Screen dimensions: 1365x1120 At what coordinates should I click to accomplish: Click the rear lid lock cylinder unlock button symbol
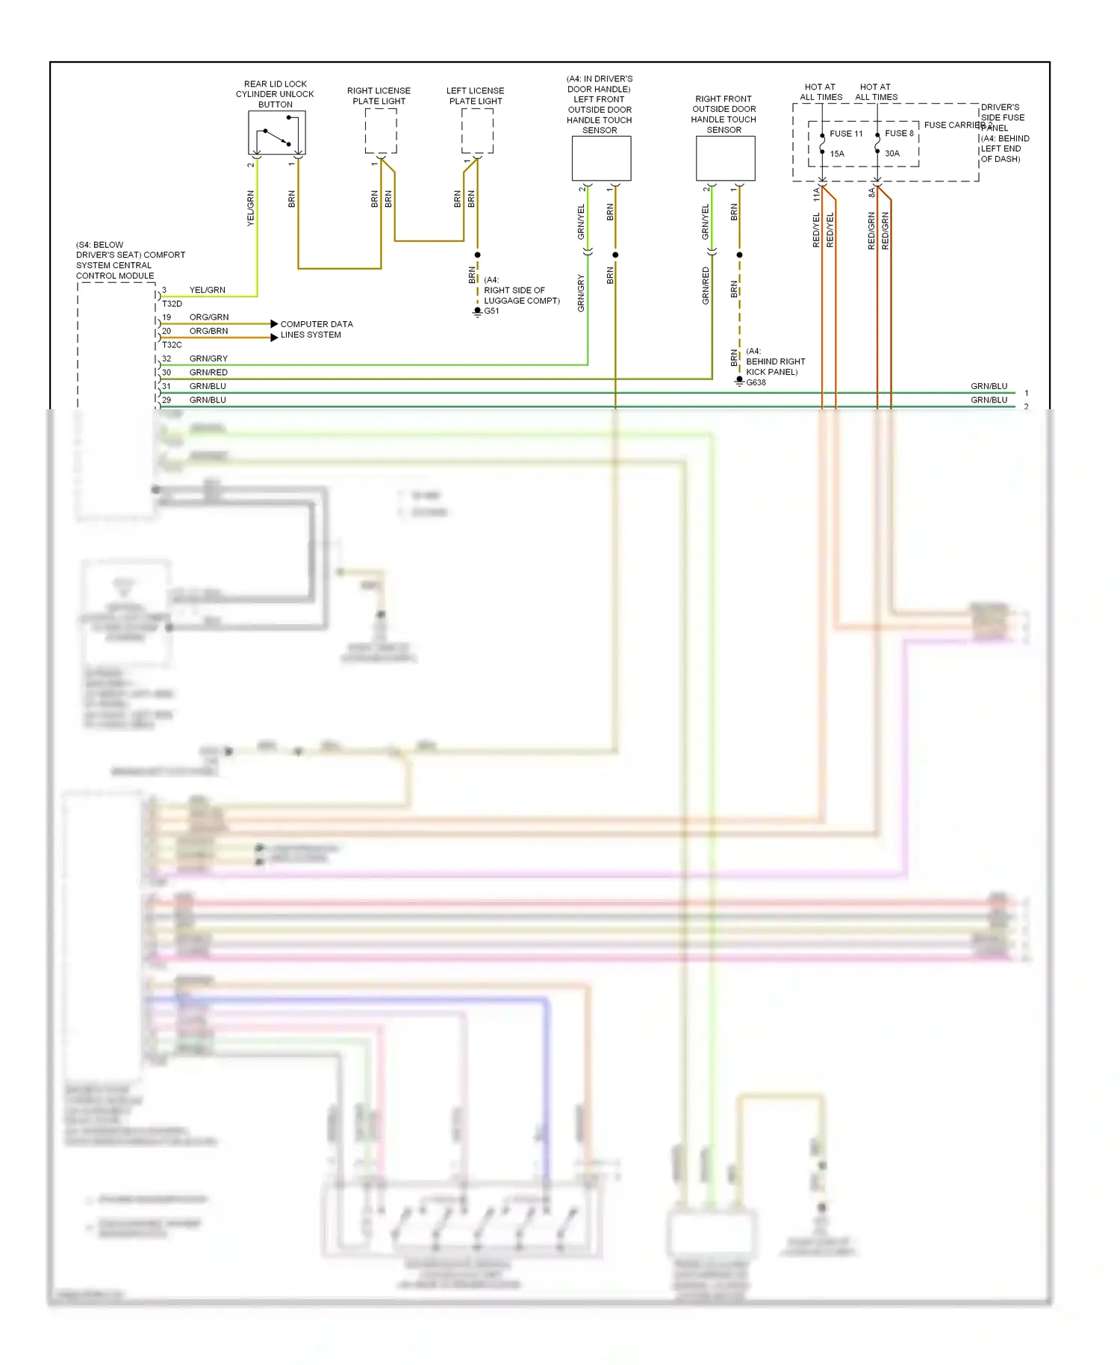coord(277,133)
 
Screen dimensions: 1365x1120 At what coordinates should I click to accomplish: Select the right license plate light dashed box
coord(381,131)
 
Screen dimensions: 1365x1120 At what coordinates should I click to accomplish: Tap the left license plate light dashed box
coord(477,131)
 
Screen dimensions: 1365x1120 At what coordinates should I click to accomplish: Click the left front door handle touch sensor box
coord(601,158)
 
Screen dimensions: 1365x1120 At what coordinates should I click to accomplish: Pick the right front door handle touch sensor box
coord(725,158)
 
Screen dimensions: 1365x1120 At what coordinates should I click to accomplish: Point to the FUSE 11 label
coord(846,134)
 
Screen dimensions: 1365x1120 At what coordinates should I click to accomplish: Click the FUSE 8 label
coord(899,134)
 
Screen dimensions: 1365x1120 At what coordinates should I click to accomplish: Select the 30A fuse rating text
coord(892,154)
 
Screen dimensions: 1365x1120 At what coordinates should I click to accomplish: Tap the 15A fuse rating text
coord(837,154)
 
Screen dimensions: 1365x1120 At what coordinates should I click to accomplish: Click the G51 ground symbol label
coord(491,311)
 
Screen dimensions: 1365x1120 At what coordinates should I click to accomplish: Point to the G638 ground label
coord(756,383)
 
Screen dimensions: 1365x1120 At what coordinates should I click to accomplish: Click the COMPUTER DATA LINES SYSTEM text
coord(316,329)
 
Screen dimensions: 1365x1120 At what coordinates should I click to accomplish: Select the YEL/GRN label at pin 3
coord(207,290)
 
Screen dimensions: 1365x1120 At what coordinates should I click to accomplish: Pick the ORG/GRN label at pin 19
coord(209,317)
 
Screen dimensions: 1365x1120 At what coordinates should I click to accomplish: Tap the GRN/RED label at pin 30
coord(208,373)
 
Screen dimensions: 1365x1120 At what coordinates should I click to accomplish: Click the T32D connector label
coord(172,304)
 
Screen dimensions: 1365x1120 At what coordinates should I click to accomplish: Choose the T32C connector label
coord(172,345)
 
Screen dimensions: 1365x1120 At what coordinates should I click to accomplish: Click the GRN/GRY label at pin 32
coord(208,359)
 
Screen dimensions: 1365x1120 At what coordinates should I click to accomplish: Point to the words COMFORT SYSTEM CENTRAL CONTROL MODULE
coord(130,261)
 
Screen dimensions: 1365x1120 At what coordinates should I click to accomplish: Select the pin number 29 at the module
coord(167,400)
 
